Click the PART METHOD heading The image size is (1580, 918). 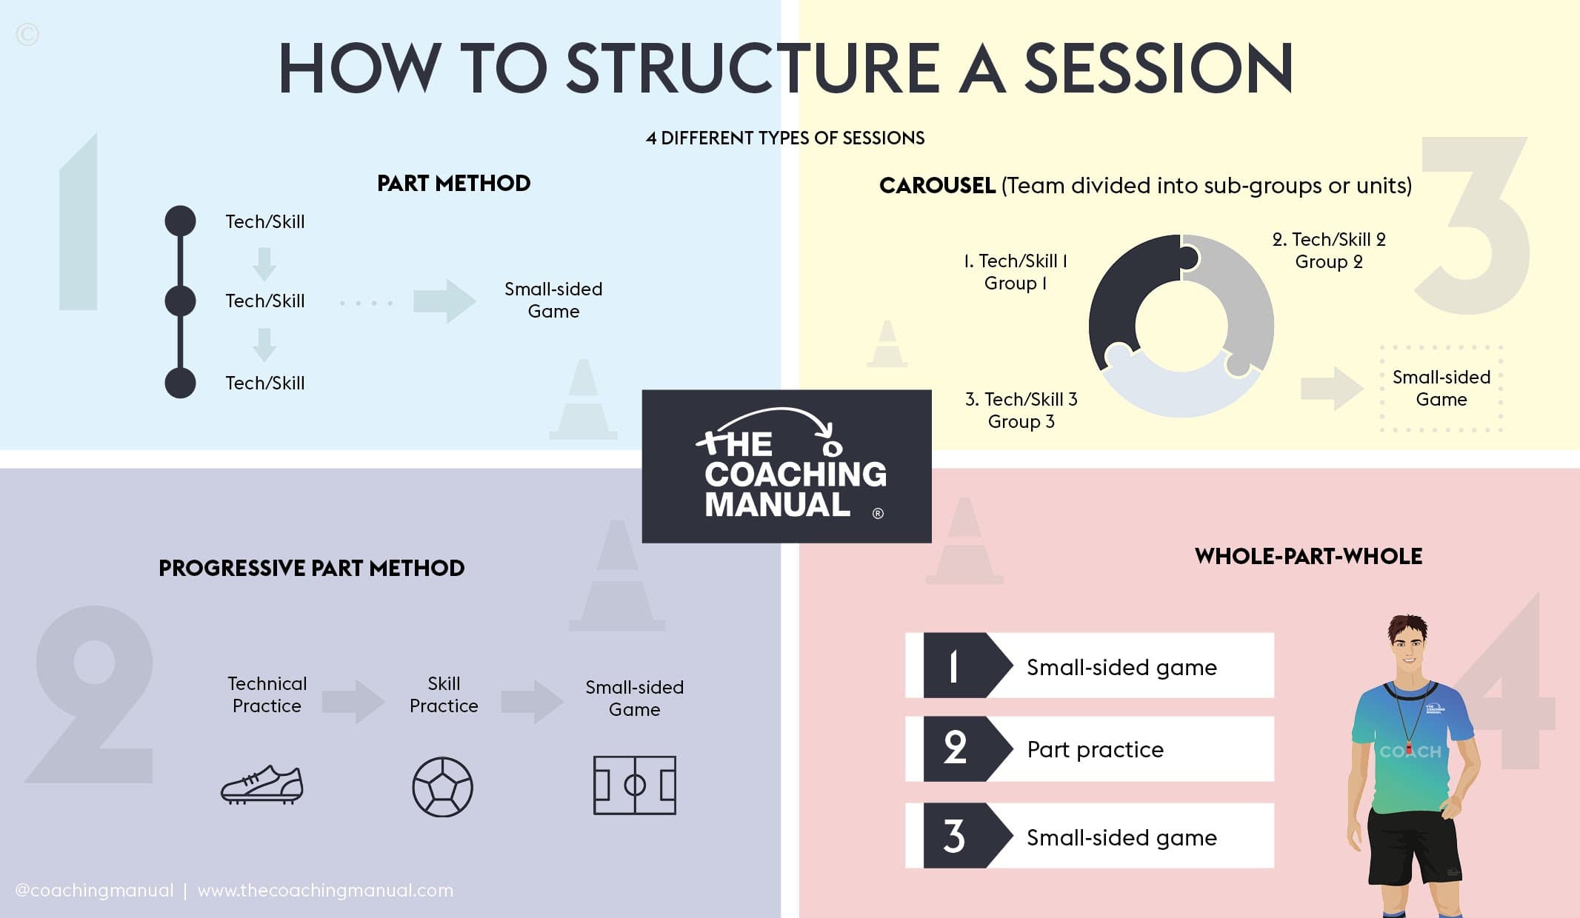pyautogui.click(x=453, y=183)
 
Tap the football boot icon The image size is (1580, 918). pyautogui.click(x=262, y=785)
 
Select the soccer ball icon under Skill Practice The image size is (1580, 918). pyautogui.click(x=442, y=786)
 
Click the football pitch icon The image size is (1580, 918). pyautogui.click(x=634, y=785)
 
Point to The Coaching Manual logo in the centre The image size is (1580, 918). pyautogui.click(x=786, y=466)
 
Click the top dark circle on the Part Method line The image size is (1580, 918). pyautogui.click(x=180, y=221)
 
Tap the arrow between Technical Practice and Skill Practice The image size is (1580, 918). pyautogui.click(x=353, y=700)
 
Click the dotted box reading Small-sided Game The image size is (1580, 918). pyautogui.click(x=1441, y=389)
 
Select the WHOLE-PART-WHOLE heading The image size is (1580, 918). pyautogui.click(x=1308, y=556)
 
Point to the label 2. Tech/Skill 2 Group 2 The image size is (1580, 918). pyautogui.click(x=1329, y=250)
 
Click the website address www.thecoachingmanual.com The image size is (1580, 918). pyautogui.click(x=325, y=890)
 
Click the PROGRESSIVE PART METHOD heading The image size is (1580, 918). pyautogui.click(x=311, y=568)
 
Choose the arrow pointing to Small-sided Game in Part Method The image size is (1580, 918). pyautogui.click(x=444, y=301)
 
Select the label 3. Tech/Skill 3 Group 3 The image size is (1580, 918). pyautogui.click(x=1021, y=410)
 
